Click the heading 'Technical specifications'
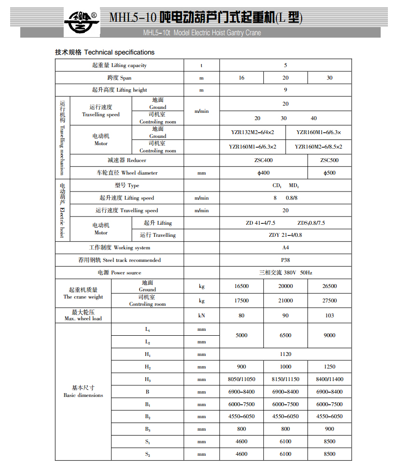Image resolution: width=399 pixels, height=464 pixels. tap(105, 52)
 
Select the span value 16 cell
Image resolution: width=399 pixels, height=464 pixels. tap(241, 78)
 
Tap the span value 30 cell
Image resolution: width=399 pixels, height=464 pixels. tap(330, 78)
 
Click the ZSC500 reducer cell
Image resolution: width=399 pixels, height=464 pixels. tap(330, 160)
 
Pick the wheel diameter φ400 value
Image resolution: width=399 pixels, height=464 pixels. tap(263, 173)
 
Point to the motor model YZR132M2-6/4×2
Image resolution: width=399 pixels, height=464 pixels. tap(253, 132)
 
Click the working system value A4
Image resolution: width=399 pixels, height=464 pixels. tap(286, 247)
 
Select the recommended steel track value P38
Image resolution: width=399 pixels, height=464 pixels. tap(286, 260)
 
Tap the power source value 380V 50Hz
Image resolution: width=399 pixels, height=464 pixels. tap(286, 273)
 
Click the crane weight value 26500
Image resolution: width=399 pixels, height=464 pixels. tap(330, 286)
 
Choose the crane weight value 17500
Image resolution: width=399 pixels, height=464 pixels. tap(241, 300)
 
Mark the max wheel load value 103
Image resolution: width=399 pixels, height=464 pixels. tap(330, 315)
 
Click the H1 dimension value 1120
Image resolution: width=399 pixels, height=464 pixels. tap(286, 354)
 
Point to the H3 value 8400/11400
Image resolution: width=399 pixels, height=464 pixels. tap(330, 379)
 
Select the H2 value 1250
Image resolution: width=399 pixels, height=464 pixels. tap(330, 367)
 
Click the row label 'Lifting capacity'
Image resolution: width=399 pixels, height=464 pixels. tap(119, 65)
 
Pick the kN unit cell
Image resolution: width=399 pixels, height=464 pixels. tap(202, 315)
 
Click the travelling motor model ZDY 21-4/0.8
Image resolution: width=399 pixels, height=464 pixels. tap(286, 235)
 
